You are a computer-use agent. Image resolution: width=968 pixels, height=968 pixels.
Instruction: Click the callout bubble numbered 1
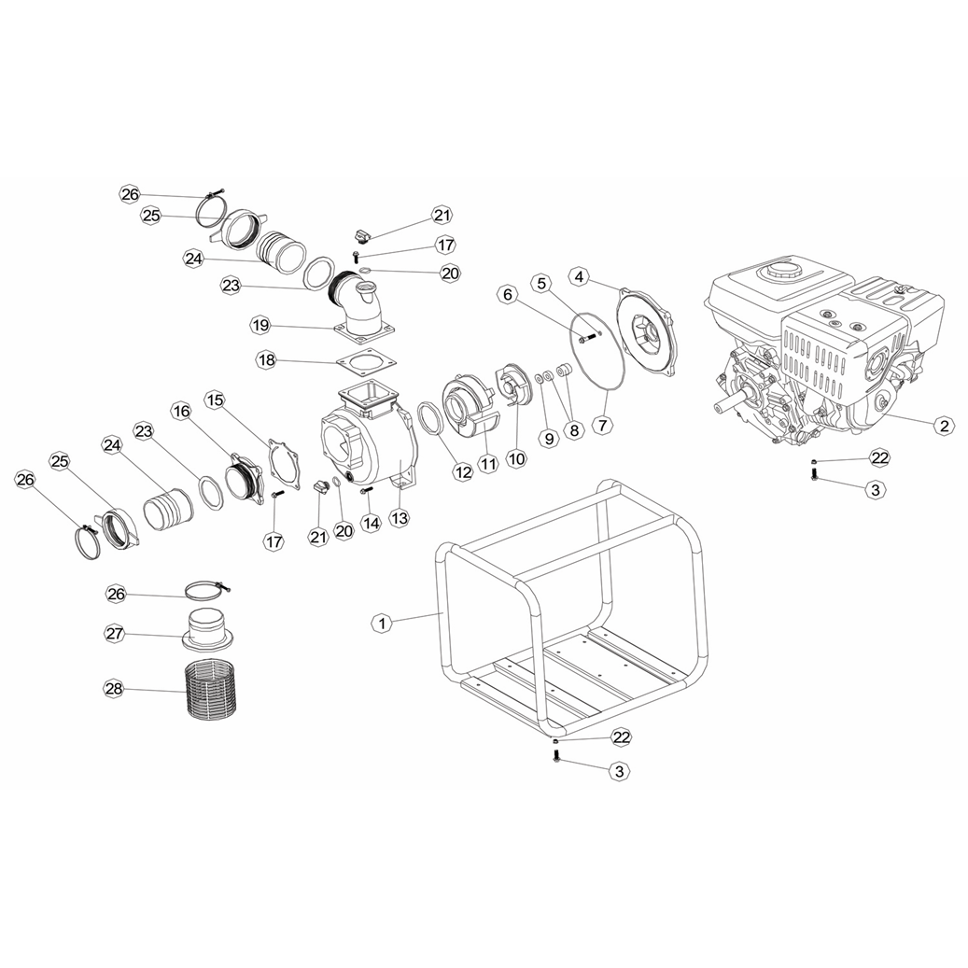[x=382, y=623]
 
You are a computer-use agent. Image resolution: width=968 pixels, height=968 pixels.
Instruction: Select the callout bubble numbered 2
[x=944, y=425]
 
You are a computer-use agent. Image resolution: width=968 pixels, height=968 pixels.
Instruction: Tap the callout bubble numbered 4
[x=579, y=277]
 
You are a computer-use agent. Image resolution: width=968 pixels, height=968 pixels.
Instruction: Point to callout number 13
[x=400, y=517]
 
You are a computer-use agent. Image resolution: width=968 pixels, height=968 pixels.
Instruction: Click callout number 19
[x=260, y=325]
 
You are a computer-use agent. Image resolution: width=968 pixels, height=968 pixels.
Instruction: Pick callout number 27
[x=115, y=634]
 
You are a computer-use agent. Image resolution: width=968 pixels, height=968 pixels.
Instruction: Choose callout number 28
[x=114, y=688]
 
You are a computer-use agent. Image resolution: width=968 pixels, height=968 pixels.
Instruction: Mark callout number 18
[x=267, y=360]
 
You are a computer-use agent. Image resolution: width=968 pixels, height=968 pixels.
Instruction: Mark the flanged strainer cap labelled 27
[x=208, y=628]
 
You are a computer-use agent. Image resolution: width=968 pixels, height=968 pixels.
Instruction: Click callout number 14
[x=371, y=523]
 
